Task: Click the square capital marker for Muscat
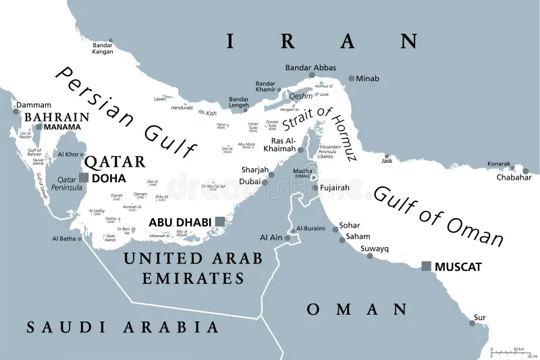[426, 266]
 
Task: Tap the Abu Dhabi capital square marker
[219, 222]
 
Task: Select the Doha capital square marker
[84, 178]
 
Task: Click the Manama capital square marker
[39, 127]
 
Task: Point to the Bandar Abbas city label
[310, 68]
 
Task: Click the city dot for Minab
[351, 78]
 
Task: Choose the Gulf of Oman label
[439, 215]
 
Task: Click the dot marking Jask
[386, 153]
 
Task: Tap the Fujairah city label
[335, 188]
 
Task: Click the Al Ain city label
[271, 238]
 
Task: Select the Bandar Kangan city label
[103, 48]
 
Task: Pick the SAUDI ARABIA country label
[123, 328]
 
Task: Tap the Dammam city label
[33, 105]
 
